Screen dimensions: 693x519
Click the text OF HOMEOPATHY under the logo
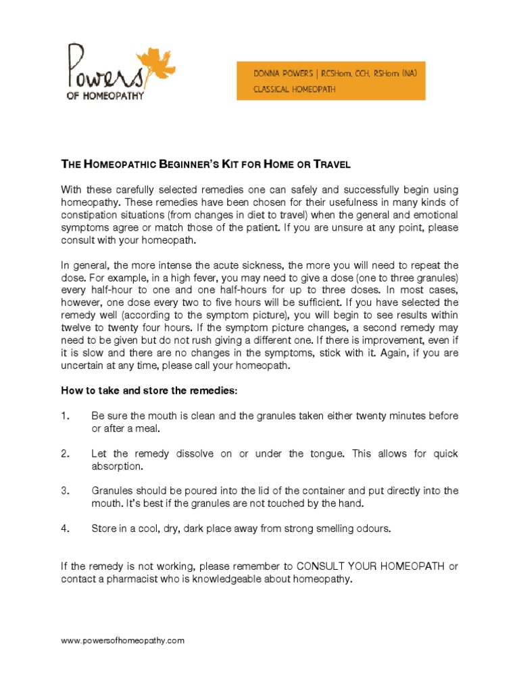[x=105, y=95]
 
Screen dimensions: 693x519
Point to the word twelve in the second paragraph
[x=77, y=326]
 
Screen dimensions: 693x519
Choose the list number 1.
[x=65, y=416]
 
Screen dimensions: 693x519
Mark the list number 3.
[x=65, y=491]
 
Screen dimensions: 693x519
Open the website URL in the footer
[x=122, y=640]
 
